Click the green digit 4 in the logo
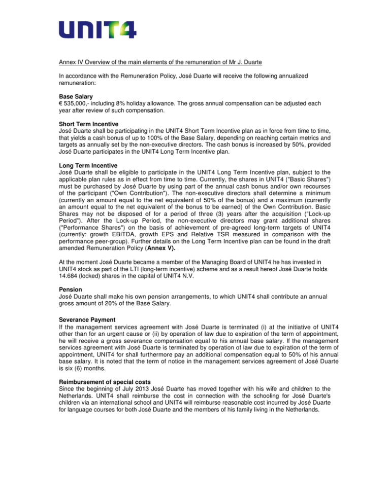click(125, 30)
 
